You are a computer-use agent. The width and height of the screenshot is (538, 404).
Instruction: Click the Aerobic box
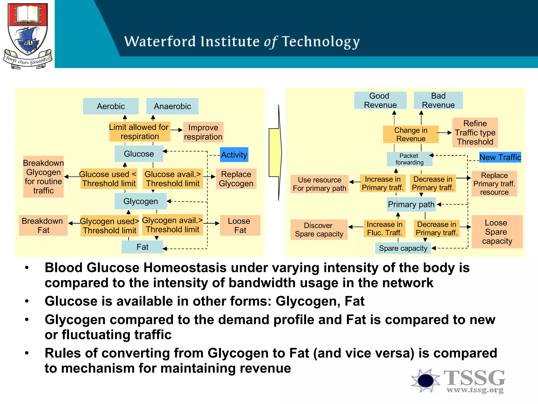click(111, 106)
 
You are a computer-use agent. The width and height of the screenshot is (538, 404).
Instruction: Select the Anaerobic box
click(172, 106)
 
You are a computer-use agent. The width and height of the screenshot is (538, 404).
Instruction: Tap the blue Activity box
click(234, 155)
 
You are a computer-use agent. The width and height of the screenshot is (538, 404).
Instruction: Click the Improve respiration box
click(203, 132)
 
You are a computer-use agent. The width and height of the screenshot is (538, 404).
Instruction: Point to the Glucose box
click(139, 154)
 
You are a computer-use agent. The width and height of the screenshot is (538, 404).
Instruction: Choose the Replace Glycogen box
click(236, 179)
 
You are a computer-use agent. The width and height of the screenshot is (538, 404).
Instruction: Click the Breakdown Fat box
click(43, 225)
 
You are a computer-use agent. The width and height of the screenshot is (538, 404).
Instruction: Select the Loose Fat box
click(240, 225)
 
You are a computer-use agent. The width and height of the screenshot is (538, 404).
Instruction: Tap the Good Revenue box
click(380, 100)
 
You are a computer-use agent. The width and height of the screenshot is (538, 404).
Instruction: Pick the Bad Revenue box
click(438, 100)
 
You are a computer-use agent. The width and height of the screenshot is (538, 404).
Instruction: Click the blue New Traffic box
click(500, 157)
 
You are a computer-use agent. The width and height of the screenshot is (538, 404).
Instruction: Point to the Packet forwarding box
click(409, 159)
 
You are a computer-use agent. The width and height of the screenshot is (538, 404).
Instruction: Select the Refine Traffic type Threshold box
click(475, 133)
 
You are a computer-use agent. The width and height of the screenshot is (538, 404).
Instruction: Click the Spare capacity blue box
click(403, 248)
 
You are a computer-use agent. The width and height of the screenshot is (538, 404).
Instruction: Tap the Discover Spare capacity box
click(319, 230)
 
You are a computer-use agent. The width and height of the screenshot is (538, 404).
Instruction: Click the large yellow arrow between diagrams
click(276, 153)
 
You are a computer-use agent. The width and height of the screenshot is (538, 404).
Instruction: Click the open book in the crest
click(28, 14)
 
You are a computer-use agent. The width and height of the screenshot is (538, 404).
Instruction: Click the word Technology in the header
click(321, 42)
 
